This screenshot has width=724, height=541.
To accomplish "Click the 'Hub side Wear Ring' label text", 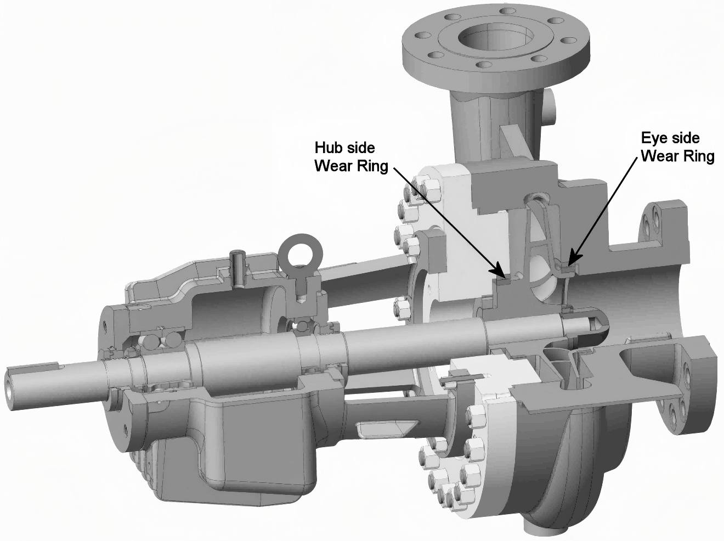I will (344, 157).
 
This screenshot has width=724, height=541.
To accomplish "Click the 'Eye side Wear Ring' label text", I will (677, 147).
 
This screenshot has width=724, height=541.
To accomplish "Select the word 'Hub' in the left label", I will (326, 148).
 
